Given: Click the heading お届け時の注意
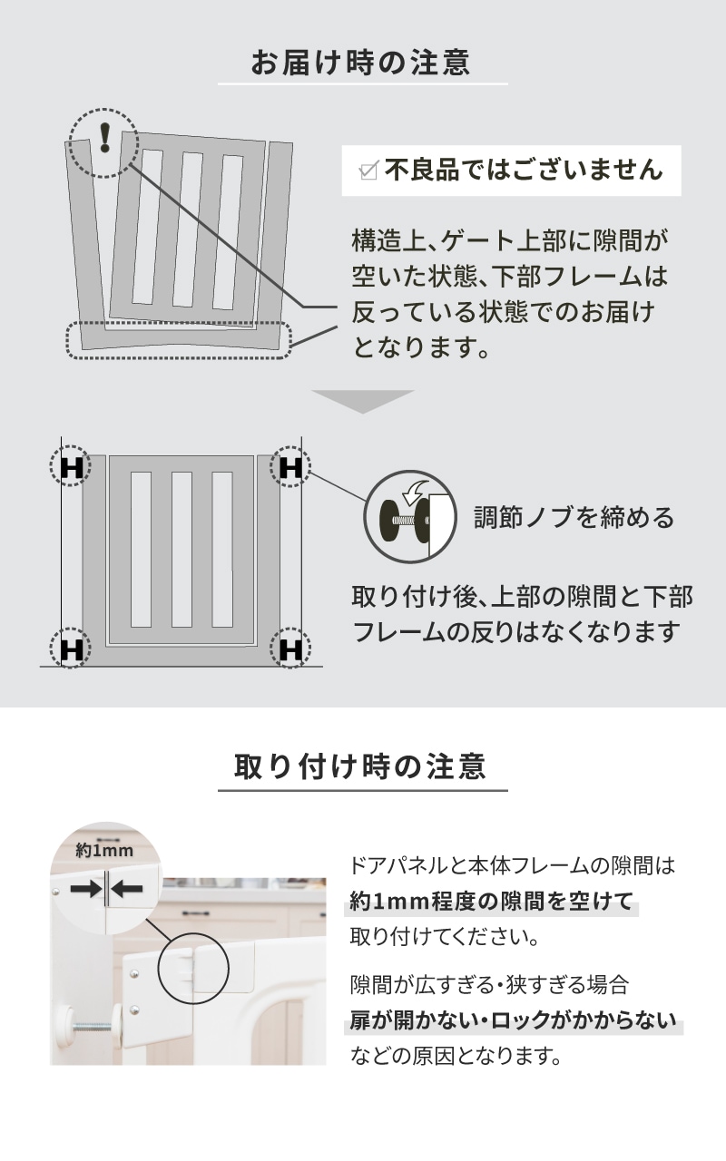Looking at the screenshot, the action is pyautogui.click(x=361, y=63).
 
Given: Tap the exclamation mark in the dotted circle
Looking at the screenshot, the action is pyautogui.click(x=105, y=138).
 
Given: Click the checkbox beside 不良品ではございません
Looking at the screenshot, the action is pyautogui.click(x=368, y=170).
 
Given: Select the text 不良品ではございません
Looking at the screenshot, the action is pyautogui.click(x=524, y=170).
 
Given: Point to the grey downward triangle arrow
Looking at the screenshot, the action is pyautogui.click(x=363, y=401).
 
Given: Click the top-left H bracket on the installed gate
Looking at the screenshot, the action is pyautogui.click(x=72, y=466).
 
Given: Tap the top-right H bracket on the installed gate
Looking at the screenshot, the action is pyautogui.click(x=290, y=466).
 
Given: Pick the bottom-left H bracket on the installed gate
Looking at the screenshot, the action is pyautogui.click(x=72, y=649).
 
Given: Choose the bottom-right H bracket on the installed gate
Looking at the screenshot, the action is pyautogui.click(x=290, y=649).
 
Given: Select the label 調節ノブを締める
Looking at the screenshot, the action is pyautogui.click(x=574, y=517).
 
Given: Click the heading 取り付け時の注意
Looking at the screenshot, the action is pyautogui.click(x=360, y=767).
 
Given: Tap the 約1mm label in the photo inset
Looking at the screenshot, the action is pyautogui.click(x=104, y=851).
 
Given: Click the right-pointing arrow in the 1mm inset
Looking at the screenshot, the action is pyautogui.click(x=86, y=890).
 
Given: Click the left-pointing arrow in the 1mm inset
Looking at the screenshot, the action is pyautogui.click(x=126, y=890).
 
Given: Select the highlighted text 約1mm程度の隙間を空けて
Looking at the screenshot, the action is pyautogui.click(x=492, y=901).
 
